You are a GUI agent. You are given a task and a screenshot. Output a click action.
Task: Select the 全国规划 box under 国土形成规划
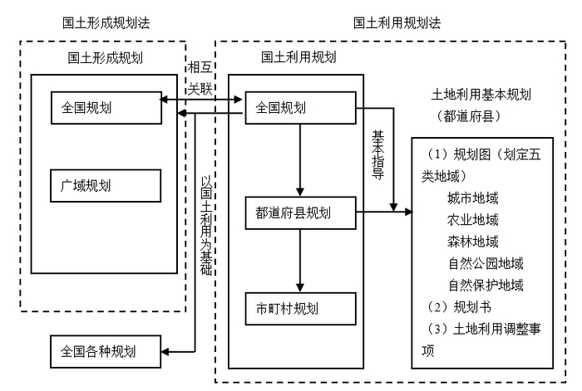105,107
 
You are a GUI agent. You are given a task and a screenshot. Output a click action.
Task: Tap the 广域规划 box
105,184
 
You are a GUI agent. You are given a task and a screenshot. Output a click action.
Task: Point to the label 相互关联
200,76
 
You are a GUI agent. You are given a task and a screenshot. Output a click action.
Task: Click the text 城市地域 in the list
472,198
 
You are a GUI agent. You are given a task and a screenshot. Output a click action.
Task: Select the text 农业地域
472,220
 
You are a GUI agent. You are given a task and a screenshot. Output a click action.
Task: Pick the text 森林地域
472,242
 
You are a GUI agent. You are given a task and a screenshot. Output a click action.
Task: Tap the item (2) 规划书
454,307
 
